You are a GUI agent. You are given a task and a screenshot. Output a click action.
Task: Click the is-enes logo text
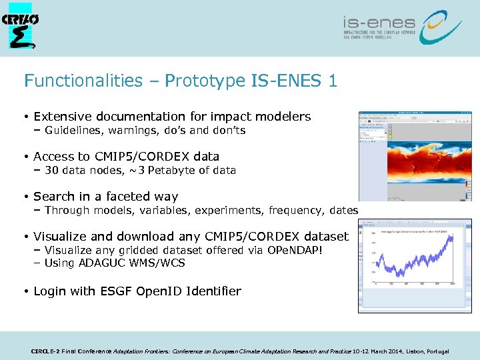coord(379,23)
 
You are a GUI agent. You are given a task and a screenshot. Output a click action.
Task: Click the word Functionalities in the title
coord(83,81)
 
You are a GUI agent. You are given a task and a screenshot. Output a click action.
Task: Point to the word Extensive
coord(61,117)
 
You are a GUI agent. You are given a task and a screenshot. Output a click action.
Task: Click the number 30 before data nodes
coord(51,170)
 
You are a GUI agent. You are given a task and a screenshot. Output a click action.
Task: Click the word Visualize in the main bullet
coord(63,237)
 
